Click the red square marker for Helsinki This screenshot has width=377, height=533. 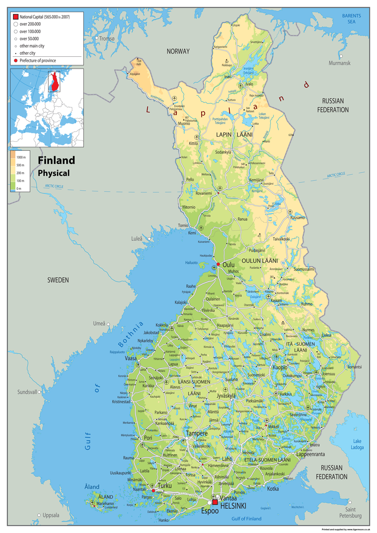(215, 502)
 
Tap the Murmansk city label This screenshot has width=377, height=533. (339, 63)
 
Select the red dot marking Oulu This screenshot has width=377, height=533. (218, 264)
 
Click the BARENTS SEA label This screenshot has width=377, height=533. (351, 18)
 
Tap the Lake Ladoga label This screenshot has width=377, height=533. (357, 444)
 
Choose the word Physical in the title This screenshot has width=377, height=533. (53, 173)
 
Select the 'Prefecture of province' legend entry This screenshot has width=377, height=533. (38, 60)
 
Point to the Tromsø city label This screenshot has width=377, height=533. (107, 39)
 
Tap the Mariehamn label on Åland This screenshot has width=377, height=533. (105, 503)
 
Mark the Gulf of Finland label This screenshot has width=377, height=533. (246, 519)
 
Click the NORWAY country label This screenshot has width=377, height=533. (178, 51)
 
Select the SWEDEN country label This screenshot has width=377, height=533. (58, 280)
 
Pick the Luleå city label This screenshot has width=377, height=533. (137, 239)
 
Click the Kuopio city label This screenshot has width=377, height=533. (280, 367)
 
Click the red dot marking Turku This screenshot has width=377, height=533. (153, 491)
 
